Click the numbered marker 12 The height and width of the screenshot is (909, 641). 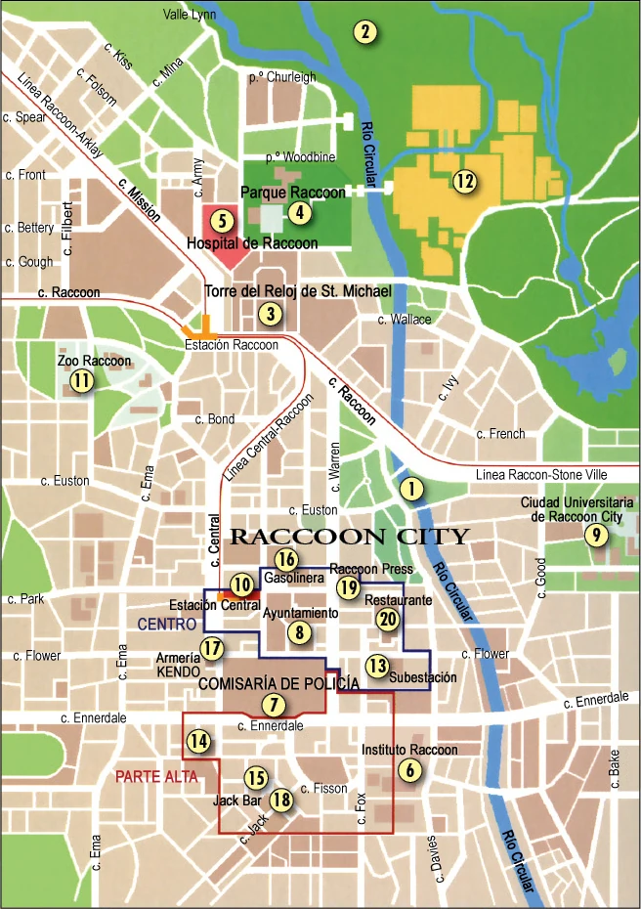point(463,180)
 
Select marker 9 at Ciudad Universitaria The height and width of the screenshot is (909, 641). point(593,535)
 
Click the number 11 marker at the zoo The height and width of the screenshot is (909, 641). point(81,381)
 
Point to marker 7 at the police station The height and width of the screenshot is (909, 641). point(275,704)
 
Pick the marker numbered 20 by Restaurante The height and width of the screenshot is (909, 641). point(388,618)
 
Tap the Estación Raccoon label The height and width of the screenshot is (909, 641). point(232,345)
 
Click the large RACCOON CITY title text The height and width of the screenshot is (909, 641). point(349,536)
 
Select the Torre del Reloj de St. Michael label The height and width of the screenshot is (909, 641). point(298,291)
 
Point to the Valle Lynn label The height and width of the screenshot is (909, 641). point(190,14)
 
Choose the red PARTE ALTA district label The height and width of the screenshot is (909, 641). point(156,777)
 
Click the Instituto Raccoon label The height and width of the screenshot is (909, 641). point(409,750)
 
